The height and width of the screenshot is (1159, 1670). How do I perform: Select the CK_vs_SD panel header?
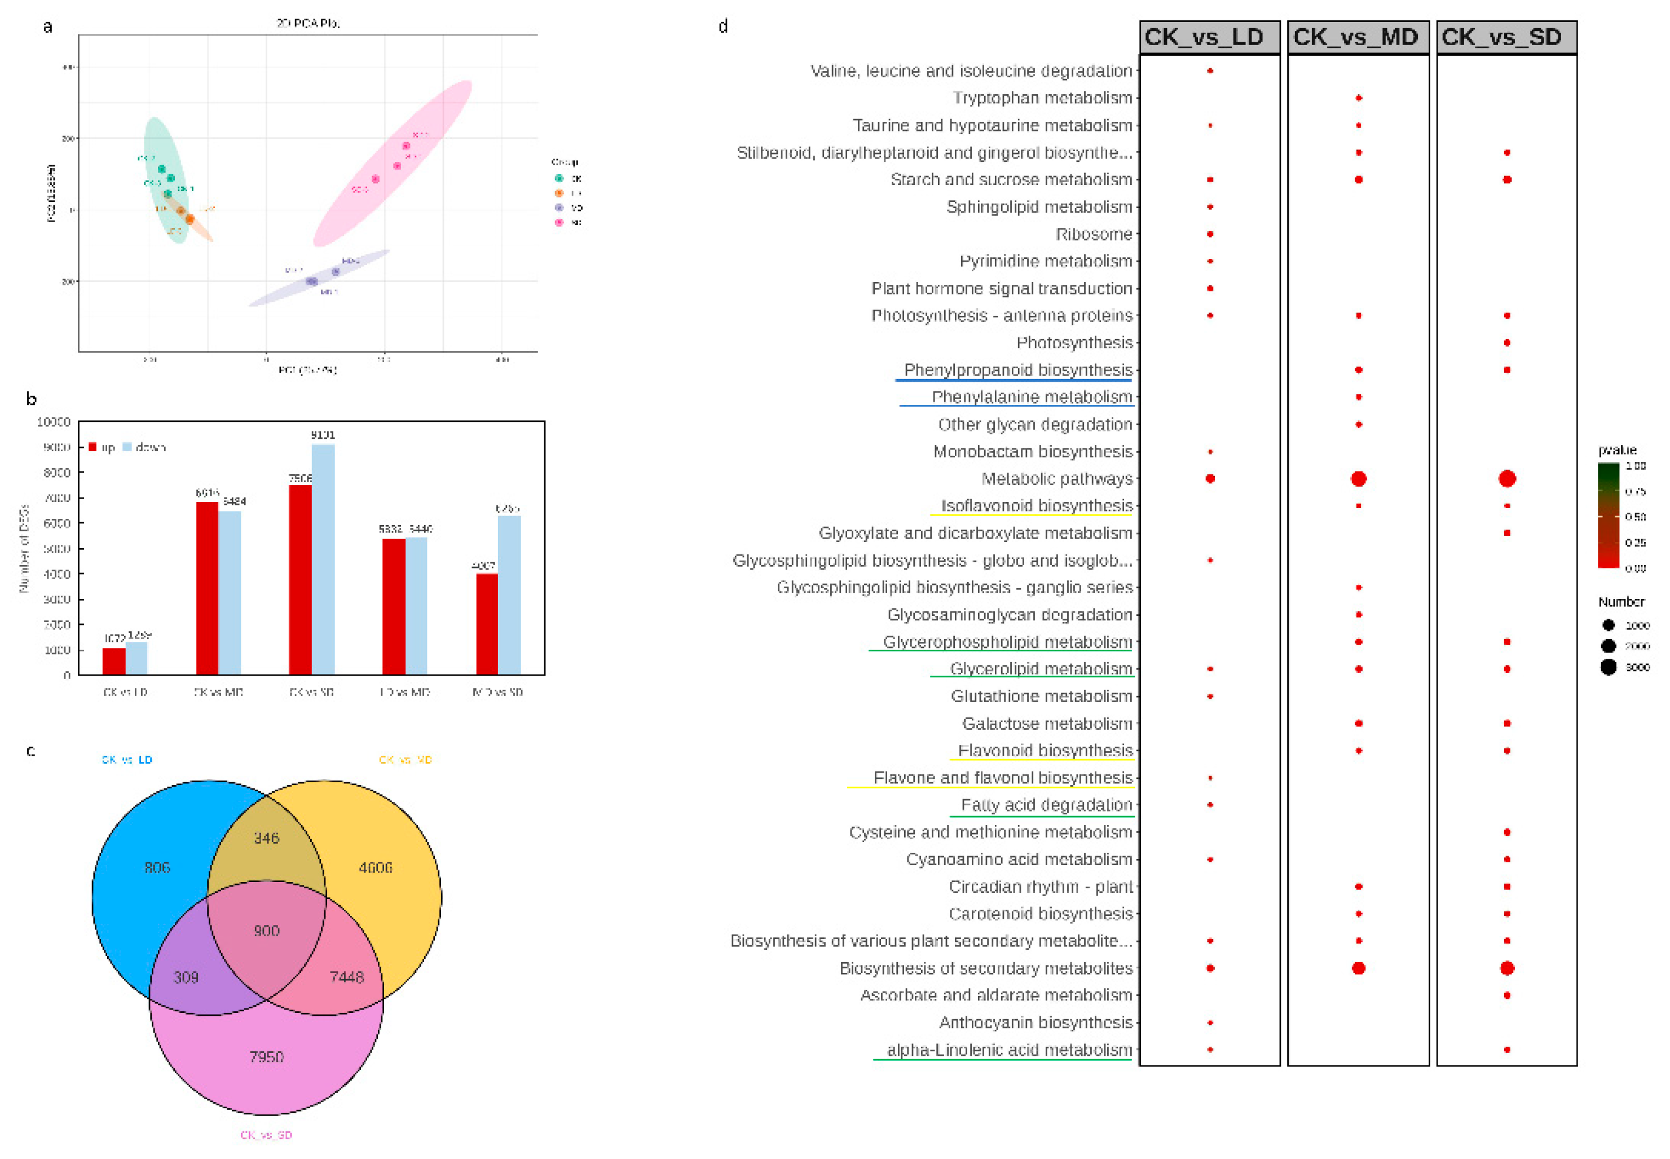(1506, 37)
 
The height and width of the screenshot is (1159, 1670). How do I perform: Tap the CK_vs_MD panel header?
(1357, 37)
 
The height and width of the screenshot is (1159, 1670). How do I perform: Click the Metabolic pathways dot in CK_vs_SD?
(1506, 479)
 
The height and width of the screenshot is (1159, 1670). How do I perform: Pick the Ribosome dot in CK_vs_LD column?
(1210, 234)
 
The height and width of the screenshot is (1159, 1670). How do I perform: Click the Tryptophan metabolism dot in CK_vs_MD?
(1358, 98)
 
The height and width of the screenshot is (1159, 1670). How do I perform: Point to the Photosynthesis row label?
(1074, 343)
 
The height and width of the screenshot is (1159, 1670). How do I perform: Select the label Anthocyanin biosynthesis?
(1036, 1023)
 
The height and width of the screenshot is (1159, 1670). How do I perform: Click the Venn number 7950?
(266, 1056)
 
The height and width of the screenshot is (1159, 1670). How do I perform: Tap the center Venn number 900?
(266, 931)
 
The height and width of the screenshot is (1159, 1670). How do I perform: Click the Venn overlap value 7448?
(346, 977)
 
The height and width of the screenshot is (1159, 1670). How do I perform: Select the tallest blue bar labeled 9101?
(323, 559)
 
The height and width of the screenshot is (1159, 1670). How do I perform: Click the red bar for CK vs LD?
(114, 661)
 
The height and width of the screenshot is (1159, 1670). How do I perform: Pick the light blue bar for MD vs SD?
(509, 596)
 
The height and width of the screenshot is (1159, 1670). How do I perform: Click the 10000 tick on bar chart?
(54, 422)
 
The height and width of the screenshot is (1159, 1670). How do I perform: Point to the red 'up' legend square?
(92, 447)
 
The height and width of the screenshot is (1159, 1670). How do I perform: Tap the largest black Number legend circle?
(1609, 667)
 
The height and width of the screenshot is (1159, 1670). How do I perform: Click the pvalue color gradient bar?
(1609, 515)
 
